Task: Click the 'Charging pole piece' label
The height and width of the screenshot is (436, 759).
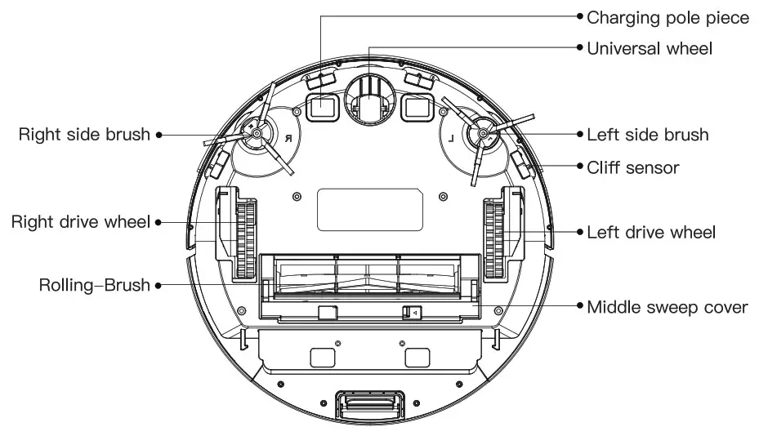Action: click(x=667, y=17)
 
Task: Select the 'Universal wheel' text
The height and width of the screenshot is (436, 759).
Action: click(x=650, y=48)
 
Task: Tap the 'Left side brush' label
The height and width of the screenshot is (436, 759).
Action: click(x=647, y=134)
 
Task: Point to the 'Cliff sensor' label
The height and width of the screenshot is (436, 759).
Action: click(x=633, y=167)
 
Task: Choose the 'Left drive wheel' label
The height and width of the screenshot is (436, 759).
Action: click(x=651, y=233)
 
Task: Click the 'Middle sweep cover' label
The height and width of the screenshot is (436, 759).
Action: click(x=667, y=307)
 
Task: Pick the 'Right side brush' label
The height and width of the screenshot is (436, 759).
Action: click(x=85, y=134)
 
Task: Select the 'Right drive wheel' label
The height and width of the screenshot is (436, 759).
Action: click(x=81, y=222)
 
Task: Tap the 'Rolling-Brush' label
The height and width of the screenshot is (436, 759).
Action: click(x=95, y=285)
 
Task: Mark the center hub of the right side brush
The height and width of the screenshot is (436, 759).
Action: click(x=256, y=132)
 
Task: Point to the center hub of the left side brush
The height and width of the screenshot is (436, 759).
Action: click(x=482, y=132)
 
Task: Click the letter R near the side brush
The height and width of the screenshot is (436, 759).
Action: click(x=288, y=140)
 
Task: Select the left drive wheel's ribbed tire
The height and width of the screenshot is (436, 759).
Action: click(x=493, y=241)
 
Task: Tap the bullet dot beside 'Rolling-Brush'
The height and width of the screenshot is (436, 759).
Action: click(x=158, y=285)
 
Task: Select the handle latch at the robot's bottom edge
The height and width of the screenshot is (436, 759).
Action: click(x=369, y=405)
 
